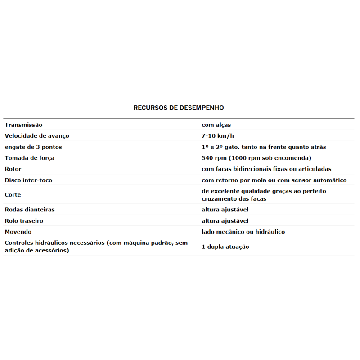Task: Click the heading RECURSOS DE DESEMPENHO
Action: [179, 108]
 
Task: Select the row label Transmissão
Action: [23, 125]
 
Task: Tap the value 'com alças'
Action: [216, 125]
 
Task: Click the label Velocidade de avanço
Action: [37, 136]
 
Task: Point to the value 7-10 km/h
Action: [218, 136]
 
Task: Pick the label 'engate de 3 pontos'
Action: [33, 147]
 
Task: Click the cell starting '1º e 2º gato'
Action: [264, 147]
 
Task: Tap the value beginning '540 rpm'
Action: [256, 158]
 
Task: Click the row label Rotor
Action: [13, 169]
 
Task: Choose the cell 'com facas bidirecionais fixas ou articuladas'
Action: [266, 169]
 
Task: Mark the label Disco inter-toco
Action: [28, 180]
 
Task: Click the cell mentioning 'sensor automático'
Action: [274, 180]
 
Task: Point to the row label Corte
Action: [13, 195]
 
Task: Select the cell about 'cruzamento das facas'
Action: [264, 195]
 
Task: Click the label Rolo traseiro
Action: [24, 221]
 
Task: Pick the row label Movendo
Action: [18, 232]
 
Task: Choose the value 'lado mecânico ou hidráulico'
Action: [243, 232]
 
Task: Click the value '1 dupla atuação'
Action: [225, 247]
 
